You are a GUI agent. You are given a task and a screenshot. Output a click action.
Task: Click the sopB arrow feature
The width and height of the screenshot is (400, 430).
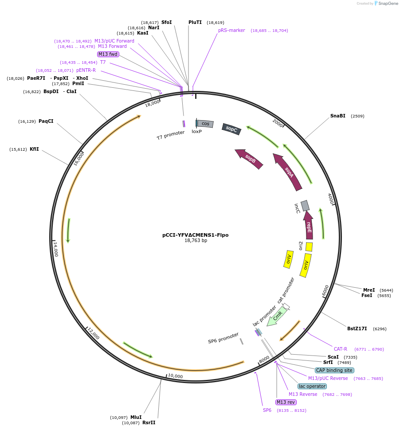click(x=249, y=159)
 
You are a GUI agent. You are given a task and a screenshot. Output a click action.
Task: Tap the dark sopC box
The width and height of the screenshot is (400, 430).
click(x=231, y=129)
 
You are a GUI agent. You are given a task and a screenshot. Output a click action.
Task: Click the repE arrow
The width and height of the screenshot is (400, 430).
click(x=309, y=225)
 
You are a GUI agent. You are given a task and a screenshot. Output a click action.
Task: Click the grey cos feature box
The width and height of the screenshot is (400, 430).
click(x=205, y=124)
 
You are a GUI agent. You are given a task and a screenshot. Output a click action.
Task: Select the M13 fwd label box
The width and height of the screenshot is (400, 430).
click(x=108, y=54)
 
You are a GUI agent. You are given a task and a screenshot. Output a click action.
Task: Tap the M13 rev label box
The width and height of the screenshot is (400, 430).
click(x=286, y=402)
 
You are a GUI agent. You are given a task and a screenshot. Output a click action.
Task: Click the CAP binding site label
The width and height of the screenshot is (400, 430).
click(x=334, y=370)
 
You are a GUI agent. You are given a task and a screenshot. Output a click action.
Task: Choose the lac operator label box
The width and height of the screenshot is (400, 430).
click(x=312, y=386)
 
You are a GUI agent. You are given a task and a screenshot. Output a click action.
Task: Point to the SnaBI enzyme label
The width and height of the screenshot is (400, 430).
click(x=337, y=116)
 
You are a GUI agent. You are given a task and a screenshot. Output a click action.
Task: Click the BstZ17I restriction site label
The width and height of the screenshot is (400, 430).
click(x=357, y=329)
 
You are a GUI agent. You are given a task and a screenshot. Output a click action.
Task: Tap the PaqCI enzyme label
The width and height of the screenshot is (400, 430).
click(x=46, y=121)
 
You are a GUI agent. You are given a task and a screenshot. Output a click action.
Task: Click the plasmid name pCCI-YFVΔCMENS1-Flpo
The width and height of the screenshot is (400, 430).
click(x=196, y=235)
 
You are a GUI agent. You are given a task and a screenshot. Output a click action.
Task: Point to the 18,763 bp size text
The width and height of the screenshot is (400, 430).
click(x=196, y=241)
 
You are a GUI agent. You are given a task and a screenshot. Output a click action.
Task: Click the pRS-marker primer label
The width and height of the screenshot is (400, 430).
click(x=231, y=31)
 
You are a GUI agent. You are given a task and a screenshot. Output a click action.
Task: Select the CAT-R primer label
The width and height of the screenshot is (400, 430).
click(x=341, y=349)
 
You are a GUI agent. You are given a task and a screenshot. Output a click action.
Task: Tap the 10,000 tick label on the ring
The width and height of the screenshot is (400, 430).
click(x=175, y=376)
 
